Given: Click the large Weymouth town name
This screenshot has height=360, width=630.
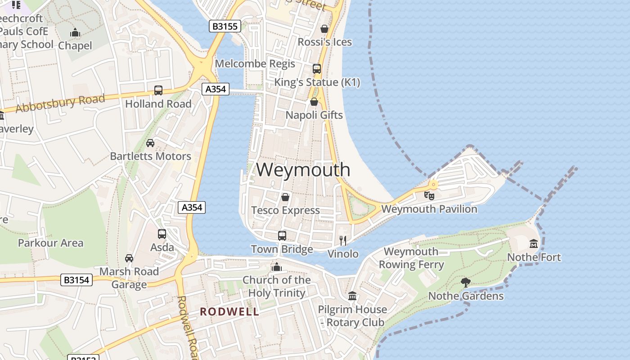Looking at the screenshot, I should (x=303, y=170).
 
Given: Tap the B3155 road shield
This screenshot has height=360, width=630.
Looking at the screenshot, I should (x=225, y=27).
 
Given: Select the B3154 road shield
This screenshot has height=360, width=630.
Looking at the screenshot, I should (x=76, y=280).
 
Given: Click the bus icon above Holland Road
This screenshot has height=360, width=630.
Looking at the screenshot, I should (x=158, y=90).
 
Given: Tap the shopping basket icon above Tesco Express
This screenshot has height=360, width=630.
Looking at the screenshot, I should (x=285, y=197).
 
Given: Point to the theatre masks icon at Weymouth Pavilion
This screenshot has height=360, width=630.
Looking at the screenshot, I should (x=429, y=196).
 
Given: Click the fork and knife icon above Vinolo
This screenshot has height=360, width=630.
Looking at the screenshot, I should (x=343, y=240).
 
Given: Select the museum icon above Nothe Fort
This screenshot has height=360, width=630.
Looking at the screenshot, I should (x=534, y=244).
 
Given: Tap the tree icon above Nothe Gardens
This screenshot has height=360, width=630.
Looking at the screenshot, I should (x=466, y=283).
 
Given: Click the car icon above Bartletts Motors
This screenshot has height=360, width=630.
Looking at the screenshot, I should (x=150, y=143).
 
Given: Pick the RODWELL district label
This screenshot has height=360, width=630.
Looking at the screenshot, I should (x=229, y=311).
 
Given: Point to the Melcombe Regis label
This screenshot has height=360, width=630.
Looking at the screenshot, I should (x=255, y=63).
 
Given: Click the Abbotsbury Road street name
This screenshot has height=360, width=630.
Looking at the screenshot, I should (x=60, y=103).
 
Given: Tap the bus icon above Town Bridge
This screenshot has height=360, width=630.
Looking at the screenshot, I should (x=282, y=235).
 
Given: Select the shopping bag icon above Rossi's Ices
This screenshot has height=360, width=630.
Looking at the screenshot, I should (x=324, y=29).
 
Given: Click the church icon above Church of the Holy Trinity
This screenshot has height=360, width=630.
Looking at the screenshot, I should (x=276, y=267).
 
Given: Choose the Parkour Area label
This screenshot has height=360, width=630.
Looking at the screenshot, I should (x=50, y=243).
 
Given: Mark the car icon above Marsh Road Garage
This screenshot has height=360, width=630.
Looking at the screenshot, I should (x=129, y=258).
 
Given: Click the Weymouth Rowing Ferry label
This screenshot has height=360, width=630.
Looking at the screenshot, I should (x=411, y=258).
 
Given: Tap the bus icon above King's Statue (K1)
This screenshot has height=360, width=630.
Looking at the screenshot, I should (x=317, y=69).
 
